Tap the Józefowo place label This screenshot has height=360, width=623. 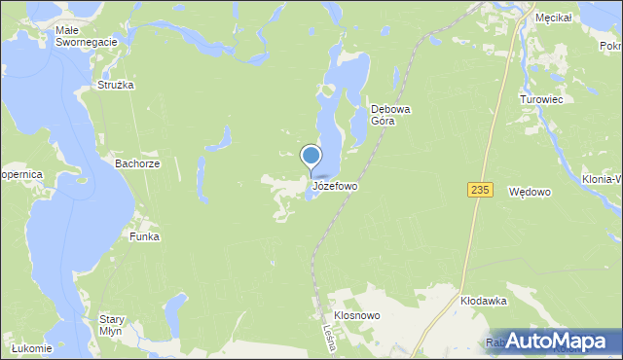point(335,185)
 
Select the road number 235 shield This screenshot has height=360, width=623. point(477,190)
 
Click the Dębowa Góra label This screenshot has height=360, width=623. point(391,116)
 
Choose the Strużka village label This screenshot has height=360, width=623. point(115,86)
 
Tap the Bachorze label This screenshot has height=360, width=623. point(137,164)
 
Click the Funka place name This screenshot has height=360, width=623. point(144,236)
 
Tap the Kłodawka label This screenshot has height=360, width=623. point(484,302)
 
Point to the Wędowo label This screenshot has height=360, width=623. point(531,193)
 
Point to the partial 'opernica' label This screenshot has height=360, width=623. point(21,174)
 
